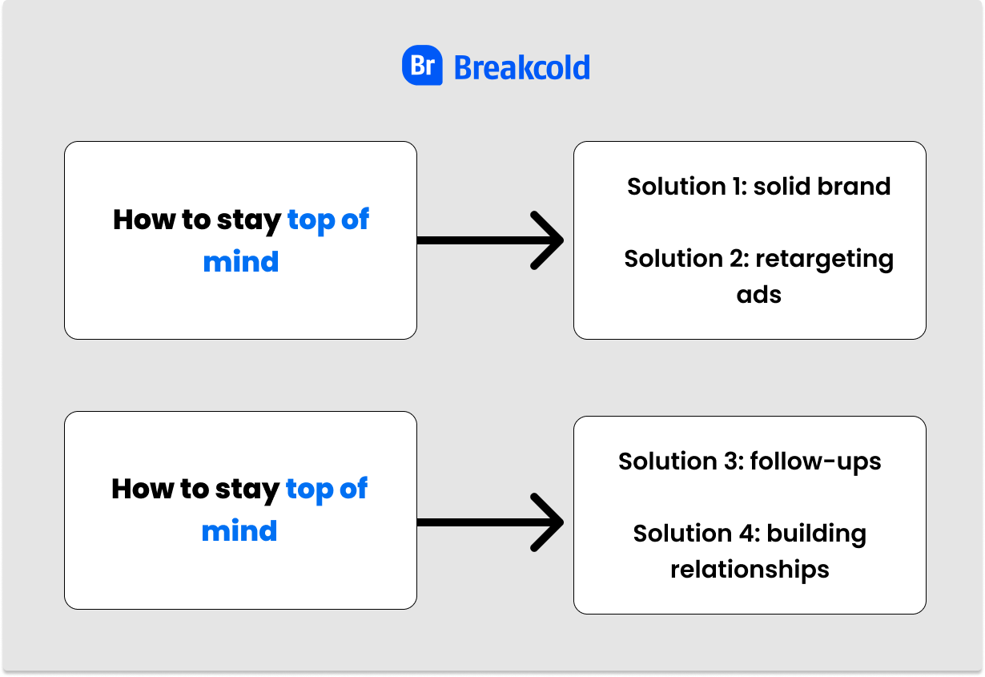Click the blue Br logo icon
point(422,65)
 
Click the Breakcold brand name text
point(521,68)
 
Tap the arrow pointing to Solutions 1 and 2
point(490,240)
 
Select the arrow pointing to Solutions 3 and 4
point(490,522)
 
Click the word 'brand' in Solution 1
point(854,186)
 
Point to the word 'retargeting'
point(825,260)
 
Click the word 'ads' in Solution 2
point(759,294)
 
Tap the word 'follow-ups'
point(816,462)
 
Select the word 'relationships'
point(750,570)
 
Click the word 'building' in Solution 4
point(817,534)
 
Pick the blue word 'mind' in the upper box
point(241,262)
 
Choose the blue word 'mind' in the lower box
point(239,531)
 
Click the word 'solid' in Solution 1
point(782,186)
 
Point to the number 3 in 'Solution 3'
point(734,461)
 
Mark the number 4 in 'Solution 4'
point(750,534)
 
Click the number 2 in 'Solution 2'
point(739,259)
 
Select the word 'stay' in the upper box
point(249,221)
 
